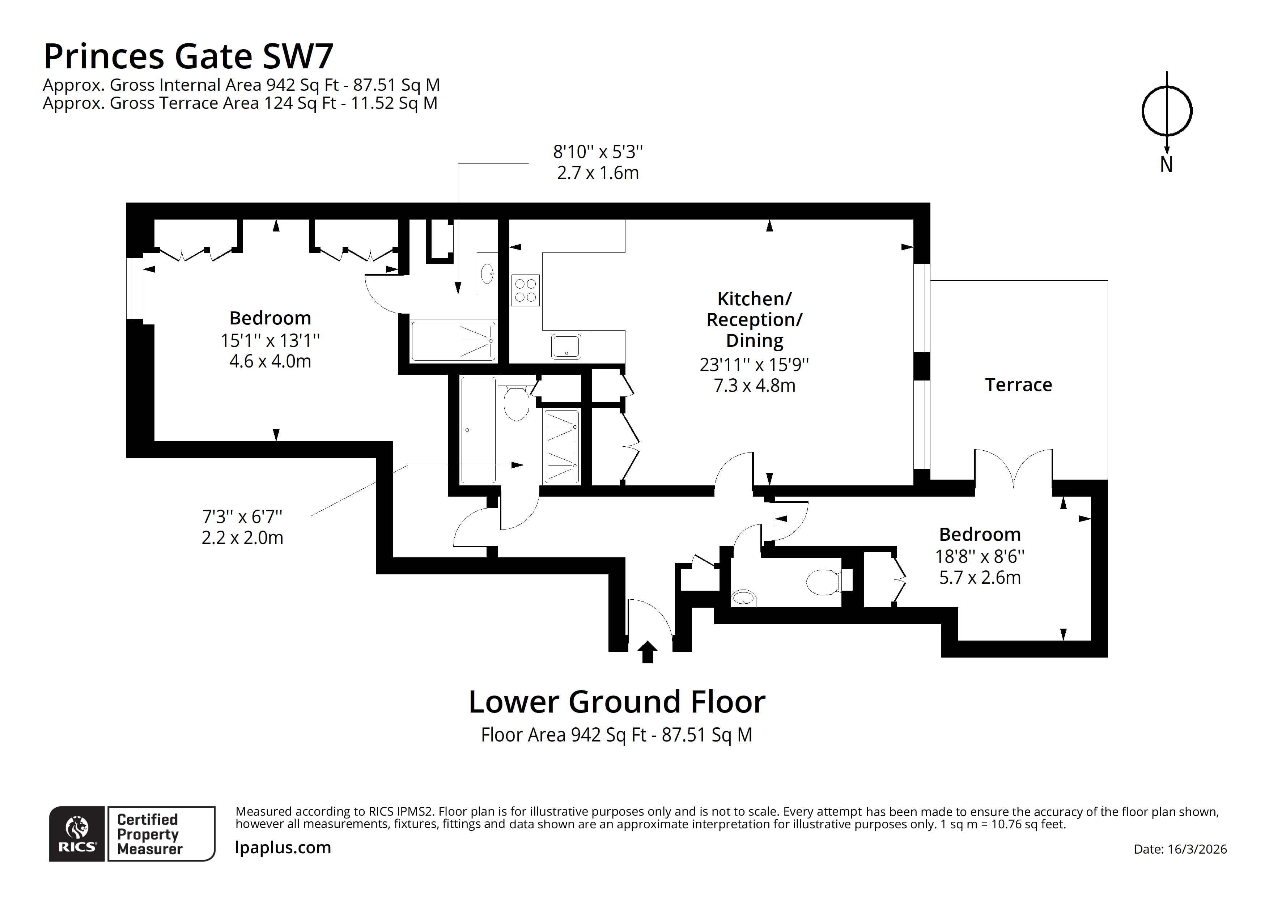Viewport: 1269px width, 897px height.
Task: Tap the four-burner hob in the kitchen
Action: [525, 290]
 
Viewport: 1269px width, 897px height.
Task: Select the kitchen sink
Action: [566, 347]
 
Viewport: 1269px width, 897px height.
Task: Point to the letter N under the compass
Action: [1166, 165]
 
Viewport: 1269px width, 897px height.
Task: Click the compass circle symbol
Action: [1167, 111]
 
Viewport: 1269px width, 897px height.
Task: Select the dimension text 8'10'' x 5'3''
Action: [598, 152]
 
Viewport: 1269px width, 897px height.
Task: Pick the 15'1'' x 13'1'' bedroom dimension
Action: [270, 340]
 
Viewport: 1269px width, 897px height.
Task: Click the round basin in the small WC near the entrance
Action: [744, 598]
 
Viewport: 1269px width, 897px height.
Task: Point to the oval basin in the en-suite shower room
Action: [487, 273]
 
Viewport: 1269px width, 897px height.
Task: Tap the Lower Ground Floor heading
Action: [617, 702]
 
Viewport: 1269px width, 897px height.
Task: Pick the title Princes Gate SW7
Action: [188, 56]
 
